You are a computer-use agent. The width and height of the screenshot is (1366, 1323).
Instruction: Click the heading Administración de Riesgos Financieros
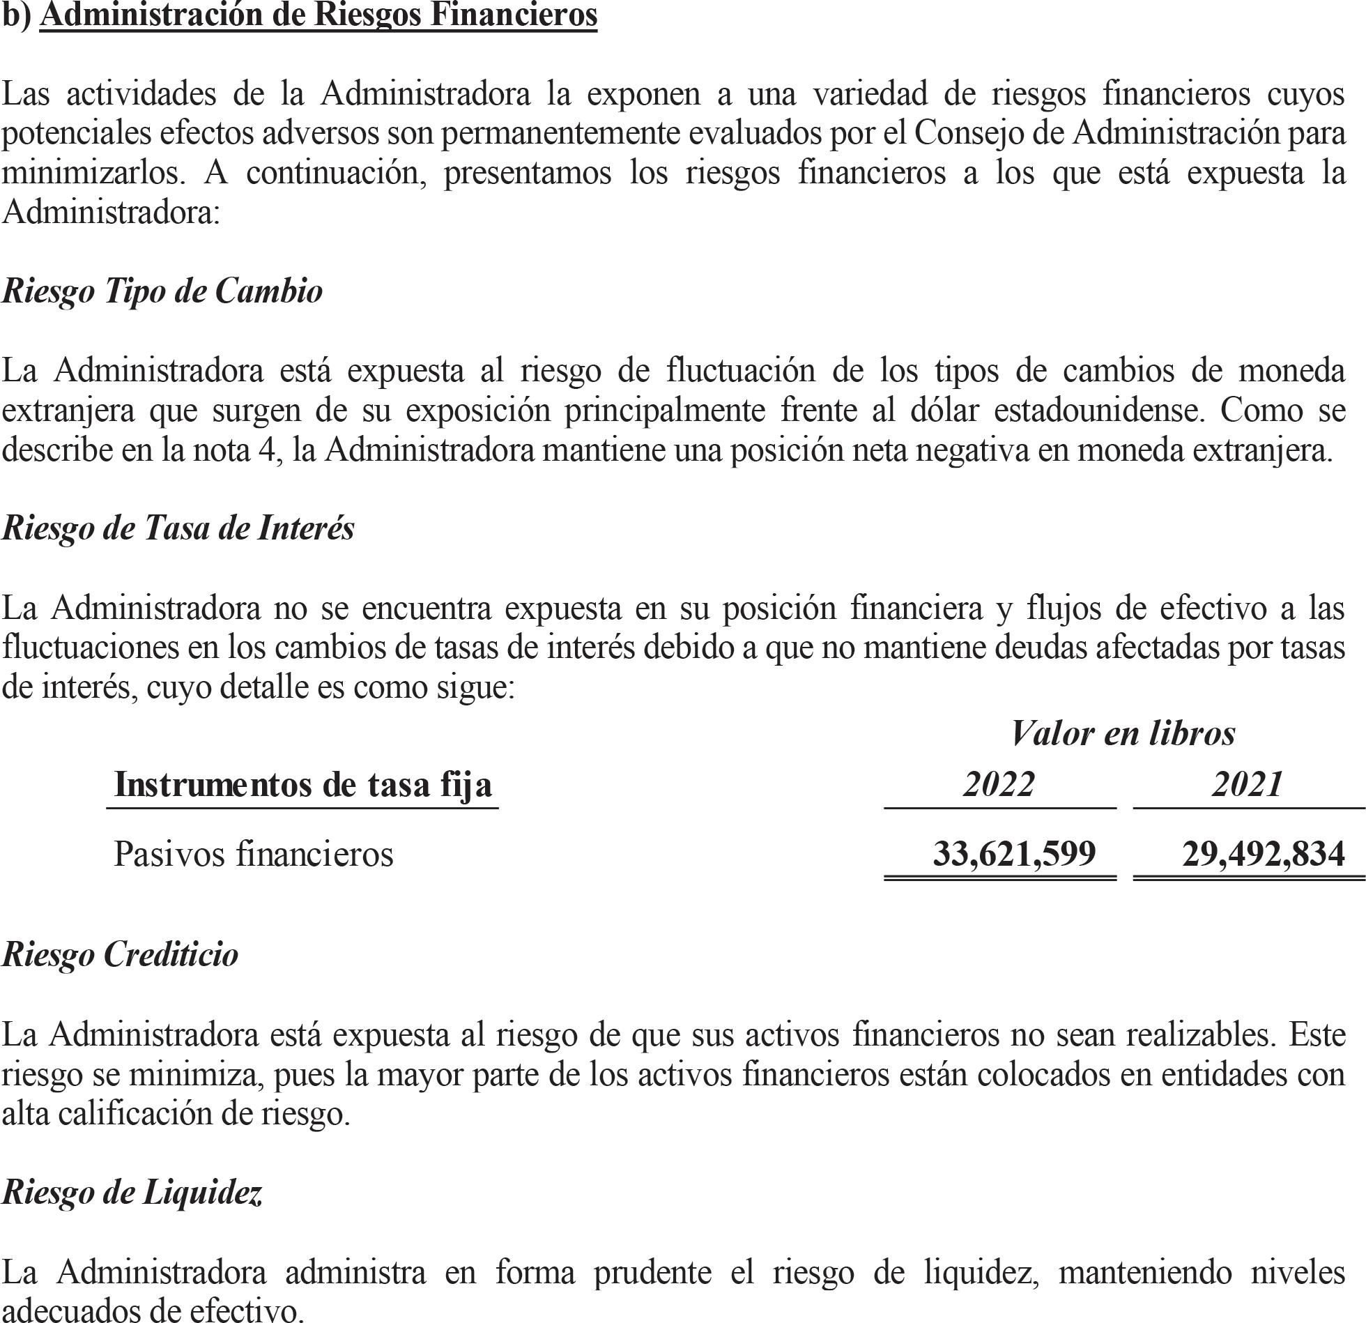(x=319, y=15)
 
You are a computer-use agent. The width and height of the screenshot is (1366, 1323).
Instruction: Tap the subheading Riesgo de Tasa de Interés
(x=178, y=528)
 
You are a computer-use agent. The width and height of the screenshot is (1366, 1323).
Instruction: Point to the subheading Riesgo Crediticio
(x=121, y=954)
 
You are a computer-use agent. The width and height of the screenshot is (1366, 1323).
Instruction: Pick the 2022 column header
(x=999, y=784)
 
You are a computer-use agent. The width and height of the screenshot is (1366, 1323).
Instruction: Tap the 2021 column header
(x=1248, y=784)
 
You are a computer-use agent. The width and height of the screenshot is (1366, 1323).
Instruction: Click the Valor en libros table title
(x=1123, y=733)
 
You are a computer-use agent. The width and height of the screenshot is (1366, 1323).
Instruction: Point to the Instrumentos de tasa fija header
(x=303, y=785)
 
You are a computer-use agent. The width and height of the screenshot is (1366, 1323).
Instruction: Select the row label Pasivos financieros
(x=254, y=854)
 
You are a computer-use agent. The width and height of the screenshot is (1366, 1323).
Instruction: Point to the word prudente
(x=652, y=1272)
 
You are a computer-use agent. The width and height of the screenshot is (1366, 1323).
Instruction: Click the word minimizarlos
(x=94, y=173)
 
